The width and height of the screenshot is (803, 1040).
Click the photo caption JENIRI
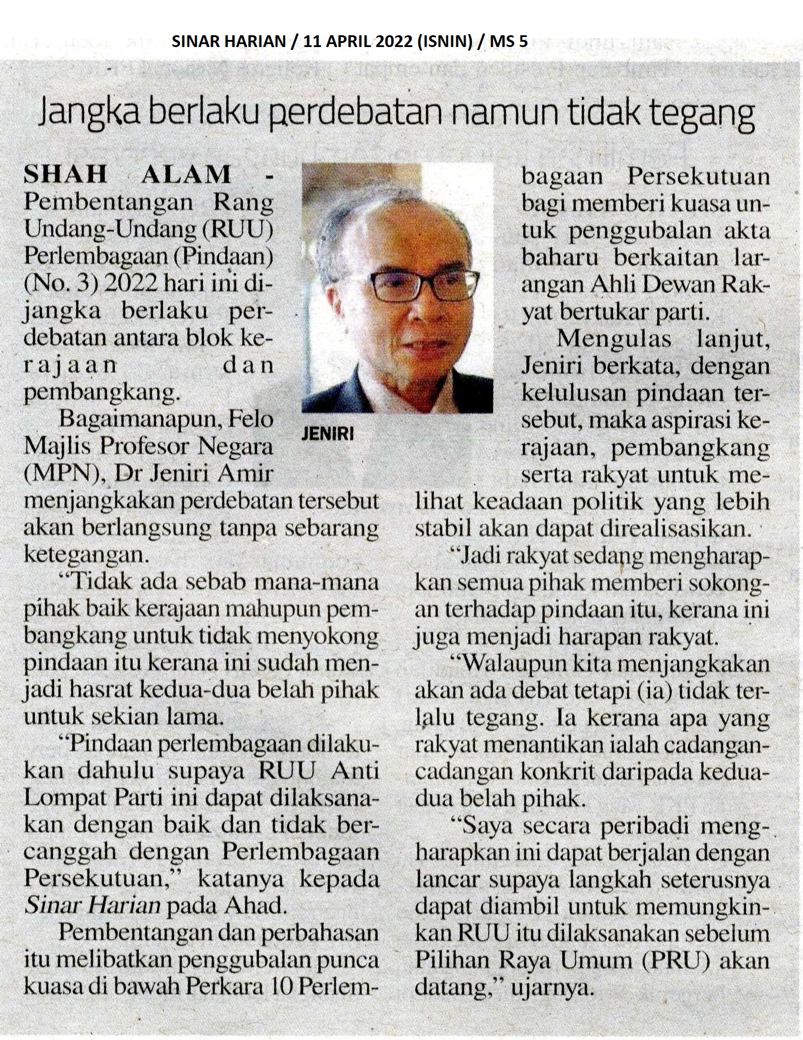(x=328, y=434)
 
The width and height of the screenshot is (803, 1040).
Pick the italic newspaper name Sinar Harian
(x=92, y=905)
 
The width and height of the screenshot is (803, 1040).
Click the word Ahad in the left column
(x=258, y=905)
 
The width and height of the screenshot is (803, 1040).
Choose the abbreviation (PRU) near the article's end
(x=685, y=960)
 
